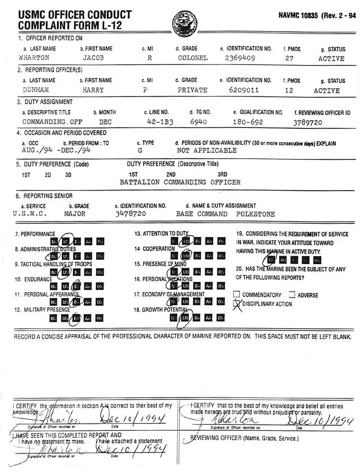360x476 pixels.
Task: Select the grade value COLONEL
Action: pos(193,58)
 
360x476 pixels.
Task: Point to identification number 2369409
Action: pos(241,58)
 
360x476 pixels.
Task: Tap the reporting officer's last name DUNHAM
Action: pos(33,90)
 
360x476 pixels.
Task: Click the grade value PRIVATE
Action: pos(192,90)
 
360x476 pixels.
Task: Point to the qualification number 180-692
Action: pos(247,122)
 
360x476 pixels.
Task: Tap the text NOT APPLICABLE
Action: pos(207,151)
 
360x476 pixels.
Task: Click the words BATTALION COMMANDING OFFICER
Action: pos(180,183)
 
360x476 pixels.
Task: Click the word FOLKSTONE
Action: pos(255,214)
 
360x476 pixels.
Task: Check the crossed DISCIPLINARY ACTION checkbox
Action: pos(237,304)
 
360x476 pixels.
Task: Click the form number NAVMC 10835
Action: pos(299,15)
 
